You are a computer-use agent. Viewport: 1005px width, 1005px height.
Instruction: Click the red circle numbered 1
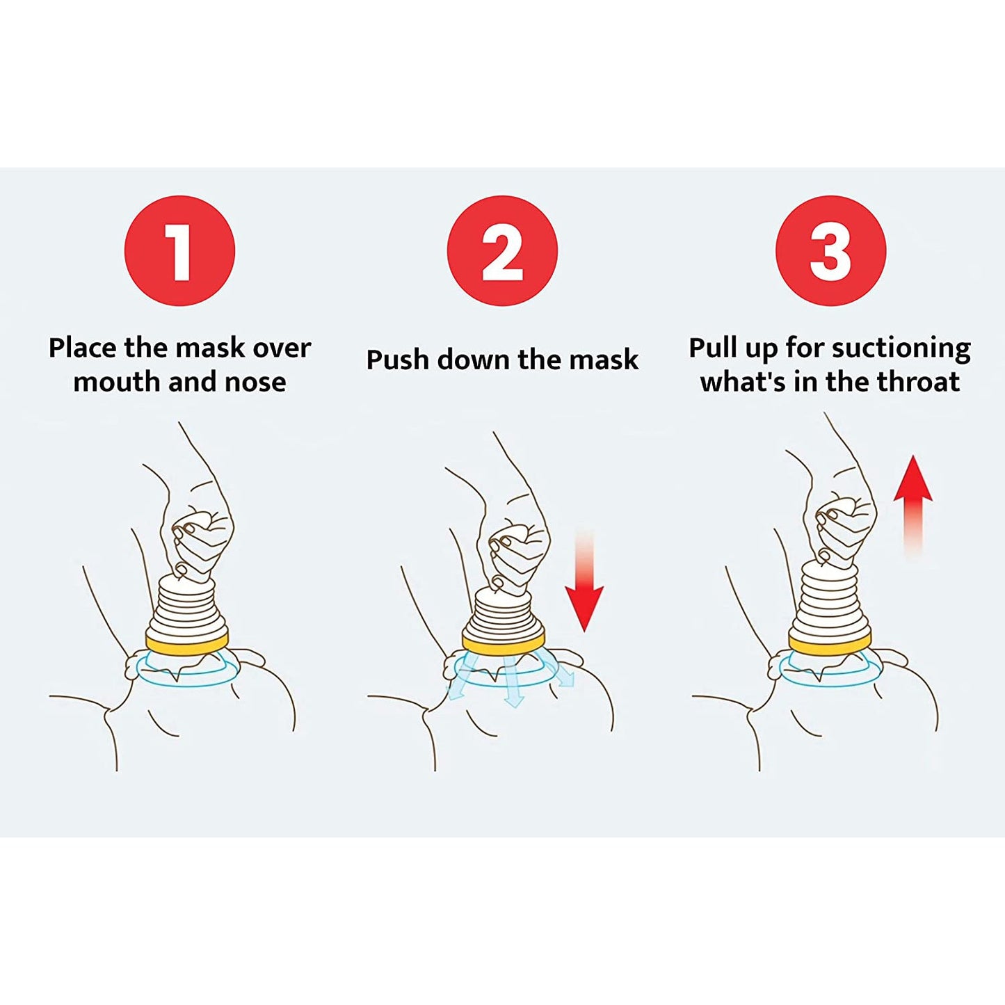179,250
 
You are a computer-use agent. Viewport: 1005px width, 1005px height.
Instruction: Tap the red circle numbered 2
502,250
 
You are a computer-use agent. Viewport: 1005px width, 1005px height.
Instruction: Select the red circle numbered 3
830,250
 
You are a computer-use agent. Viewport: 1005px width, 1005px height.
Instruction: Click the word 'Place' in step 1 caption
83,348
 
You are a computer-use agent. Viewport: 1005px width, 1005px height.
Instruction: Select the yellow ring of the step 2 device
504,641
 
